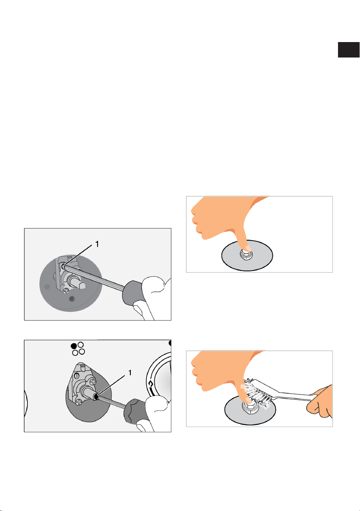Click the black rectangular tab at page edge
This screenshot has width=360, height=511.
[x=348, y=50]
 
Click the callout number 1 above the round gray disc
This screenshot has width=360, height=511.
[x=97, y=244]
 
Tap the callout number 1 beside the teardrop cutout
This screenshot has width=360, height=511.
[x=130, y=373]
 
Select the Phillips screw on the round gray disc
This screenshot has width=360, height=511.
[x=66, y=291]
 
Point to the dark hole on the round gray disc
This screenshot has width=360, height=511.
[x=73, y=298]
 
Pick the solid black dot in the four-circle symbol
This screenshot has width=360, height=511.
[x=74, y=346]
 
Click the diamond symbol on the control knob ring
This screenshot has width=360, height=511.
[x=150, y=384]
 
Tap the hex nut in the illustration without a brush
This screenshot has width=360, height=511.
[x=247, y=255]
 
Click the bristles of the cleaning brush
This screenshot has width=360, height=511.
[x=257, y=394]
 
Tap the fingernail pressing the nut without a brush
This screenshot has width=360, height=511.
[x=248, y=248]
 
